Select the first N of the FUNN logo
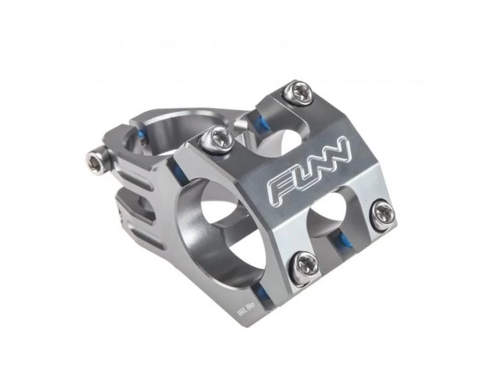click(x=324, y=161)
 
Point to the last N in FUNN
click(x=342, y=149)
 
